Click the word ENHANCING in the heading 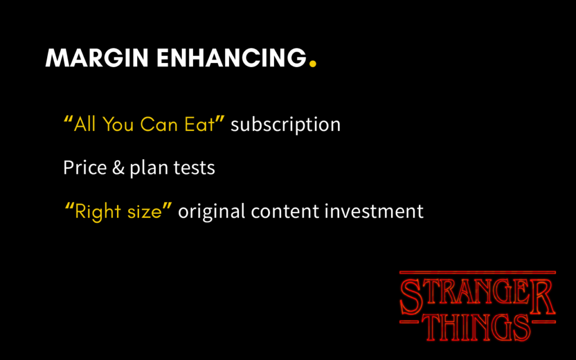(x=231, y=58)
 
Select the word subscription (x=285, y=124)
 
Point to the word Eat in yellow (x=200, y=124)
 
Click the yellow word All (x=85, y=124)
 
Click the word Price (x=85, y=168)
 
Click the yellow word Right (x=96, y=212)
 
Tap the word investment (x=374, y=212)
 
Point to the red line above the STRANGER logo (x=477, y=273)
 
